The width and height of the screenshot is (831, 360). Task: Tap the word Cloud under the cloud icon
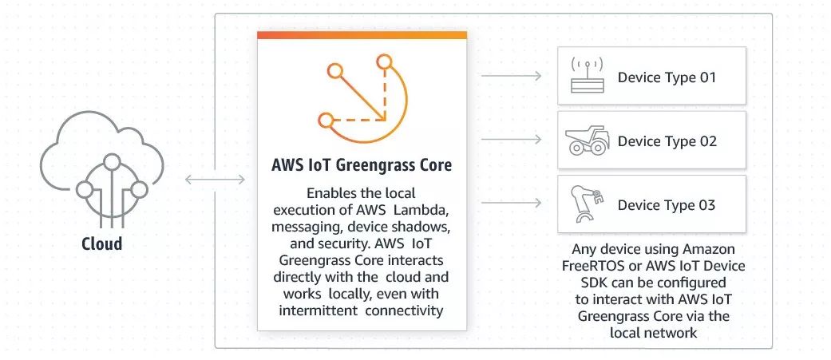pos(102,243)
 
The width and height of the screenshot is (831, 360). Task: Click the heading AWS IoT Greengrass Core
pos(362,165)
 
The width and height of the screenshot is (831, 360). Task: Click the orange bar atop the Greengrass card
pos(362,35)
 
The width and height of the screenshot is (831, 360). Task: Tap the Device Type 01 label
pos(667,77)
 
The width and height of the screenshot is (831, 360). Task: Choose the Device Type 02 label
pos(667,141)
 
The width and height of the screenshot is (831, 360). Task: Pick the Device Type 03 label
pos(667,205)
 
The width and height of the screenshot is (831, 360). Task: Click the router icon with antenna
pos(586,77)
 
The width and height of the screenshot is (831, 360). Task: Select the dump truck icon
pos(586,142)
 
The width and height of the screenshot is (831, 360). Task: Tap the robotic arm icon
pos(586,204)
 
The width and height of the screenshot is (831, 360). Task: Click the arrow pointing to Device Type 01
pos(512,77)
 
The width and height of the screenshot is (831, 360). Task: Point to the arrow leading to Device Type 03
pos(512,204)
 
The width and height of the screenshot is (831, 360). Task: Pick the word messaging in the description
pos(303,225)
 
